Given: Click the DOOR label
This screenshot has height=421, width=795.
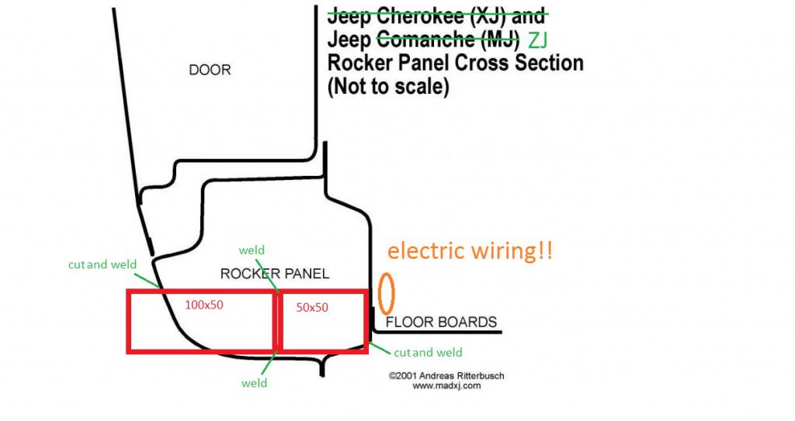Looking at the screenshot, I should (210, 70).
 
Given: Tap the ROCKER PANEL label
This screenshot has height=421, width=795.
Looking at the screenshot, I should (275, 274).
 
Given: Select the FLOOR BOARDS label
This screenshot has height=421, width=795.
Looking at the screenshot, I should (440, 323).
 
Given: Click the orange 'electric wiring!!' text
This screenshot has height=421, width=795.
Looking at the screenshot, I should (470, 251).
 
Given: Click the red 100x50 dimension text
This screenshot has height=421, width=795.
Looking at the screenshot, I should (203, 305).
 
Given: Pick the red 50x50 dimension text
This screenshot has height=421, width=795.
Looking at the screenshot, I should (312, 307).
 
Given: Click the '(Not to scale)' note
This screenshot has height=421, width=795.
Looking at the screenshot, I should (388, 87).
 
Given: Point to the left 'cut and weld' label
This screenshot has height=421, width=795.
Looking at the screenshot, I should (102, 264).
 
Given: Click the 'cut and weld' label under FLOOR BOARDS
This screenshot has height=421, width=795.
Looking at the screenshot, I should (428, 353).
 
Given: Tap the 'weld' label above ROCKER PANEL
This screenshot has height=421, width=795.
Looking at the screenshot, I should (252, 250).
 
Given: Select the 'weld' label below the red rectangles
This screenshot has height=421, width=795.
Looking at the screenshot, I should (254, 383).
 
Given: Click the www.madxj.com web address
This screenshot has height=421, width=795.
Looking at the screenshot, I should (441, 385).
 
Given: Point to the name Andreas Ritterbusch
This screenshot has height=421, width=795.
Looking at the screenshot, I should (463, 376).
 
